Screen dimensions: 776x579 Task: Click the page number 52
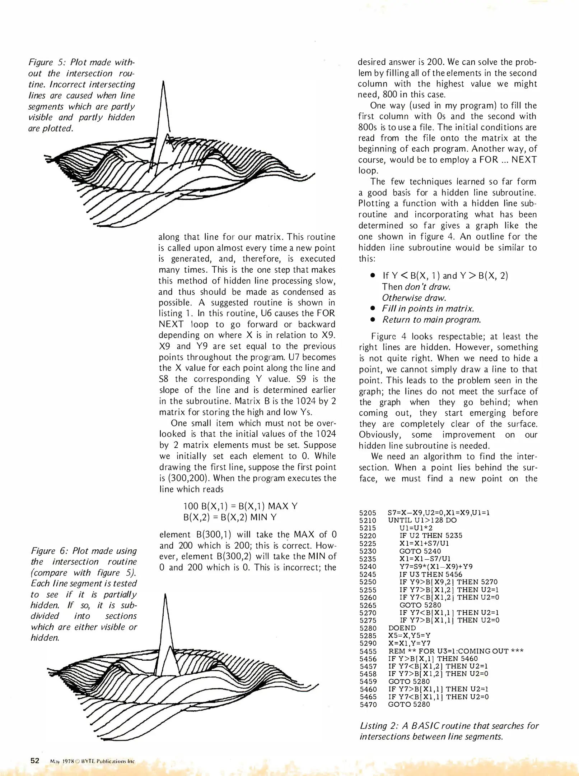click(34, 761)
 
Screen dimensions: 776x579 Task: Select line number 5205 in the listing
click(368, 513)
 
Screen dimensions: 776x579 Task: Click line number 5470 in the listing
click(368, 705)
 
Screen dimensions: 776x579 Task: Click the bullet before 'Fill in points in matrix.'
click(373, 309)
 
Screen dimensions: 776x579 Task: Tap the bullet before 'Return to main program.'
click(373, 320)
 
